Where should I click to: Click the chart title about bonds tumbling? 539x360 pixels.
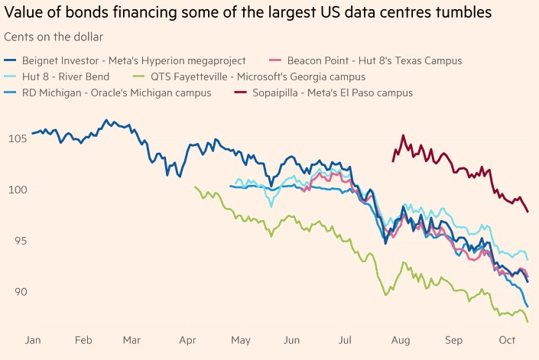click(x=248, y=12)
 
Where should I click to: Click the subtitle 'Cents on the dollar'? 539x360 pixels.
click(x=54, y=37)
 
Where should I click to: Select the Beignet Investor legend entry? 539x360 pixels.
click(x=125, y=61)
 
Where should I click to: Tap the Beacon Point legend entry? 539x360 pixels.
click(x=365, y=61)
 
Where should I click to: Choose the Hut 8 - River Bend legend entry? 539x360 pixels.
click(x=57, y=76)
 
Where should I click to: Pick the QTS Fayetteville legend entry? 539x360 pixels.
click(x=249, y=76)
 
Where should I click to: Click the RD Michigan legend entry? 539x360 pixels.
click(x=108, y=92)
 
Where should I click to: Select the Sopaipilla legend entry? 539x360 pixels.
click(x=323, y=92)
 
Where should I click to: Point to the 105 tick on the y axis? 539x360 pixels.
click(x=18, y=139)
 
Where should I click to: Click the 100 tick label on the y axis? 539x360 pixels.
click(x=18, y=190)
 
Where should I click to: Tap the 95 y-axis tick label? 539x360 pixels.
click(x=21, y=241)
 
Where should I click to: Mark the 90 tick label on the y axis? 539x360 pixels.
click(x=21, y=292)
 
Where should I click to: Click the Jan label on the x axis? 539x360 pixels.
click(x=33, y=340)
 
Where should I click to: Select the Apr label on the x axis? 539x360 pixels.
click(x=187, y=340)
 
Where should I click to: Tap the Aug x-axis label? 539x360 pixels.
click(x=401, y=340)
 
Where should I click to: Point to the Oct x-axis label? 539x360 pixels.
click(x=507, y=340)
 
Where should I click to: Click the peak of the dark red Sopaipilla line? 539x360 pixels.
click(x=403, y=136)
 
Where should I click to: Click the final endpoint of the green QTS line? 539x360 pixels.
click(x=528, y=322)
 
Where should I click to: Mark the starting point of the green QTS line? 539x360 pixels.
click(x=195, y=186)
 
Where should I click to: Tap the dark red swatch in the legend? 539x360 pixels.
click(x=241, y=92)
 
